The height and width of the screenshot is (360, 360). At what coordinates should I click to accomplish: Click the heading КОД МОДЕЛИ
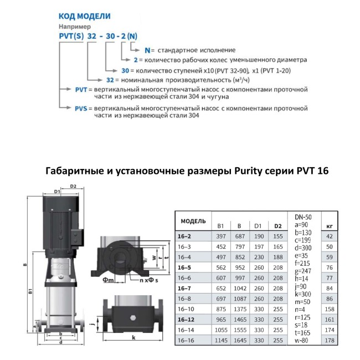(x=85, y=16)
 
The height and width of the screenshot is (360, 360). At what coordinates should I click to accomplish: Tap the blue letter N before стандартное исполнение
(x=147, y=50)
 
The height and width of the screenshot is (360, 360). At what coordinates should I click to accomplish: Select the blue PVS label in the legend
(x=81, y=109)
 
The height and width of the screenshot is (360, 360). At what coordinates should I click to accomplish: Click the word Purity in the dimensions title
(x=248, y=171)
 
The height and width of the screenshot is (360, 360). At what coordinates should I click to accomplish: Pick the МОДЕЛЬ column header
(x=193, y=222)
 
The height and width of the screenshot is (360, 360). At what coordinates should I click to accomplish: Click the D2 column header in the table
(x=278, y=226)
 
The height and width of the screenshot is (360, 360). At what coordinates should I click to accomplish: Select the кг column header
(x=330, y=226)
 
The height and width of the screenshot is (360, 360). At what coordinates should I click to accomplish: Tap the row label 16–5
(x=184, y=268)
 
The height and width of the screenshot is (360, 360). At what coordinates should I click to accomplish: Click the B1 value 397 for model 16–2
(x=221, y=236)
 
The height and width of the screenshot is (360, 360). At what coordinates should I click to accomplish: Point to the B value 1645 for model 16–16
(x=240, y=341)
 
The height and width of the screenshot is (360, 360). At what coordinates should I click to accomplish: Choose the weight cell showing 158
(x=330, y=309)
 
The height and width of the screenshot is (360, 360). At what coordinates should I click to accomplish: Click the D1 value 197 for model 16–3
(x=259, y=247)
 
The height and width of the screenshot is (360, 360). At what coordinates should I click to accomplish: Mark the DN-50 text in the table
(x=303, y=217)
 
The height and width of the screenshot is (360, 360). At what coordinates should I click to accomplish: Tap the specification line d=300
(x=303, y=248)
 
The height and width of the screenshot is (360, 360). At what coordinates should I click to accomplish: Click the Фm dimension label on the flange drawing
(x=108, y=280)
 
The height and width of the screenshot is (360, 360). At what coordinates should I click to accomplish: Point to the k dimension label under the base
(x=133, y=337)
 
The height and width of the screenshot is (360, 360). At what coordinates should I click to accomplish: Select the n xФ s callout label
(x=149, y=280)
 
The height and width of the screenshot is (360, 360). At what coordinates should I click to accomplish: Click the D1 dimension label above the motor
(x=57, y=192)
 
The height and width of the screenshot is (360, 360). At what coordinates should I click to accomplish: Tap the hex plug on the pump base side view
(x=133, y=318)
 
